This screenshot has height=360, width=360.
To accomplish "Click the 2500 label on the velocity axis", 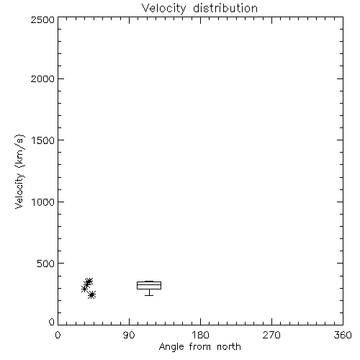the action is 42,19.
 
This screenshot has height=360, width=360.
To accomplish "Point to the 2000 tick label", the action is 42,79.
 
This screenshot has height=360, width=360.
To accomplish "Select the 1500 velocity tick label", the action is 43,140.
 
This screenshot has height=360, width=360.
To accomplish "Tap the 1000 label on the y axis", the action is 43,202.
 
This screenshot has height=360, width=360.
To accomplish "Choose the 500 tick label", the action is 46,264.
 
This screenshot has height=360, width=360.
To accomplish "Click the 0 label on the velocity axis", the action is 52,322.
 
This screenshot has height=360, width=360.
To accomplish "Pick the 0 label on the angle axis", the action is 58,335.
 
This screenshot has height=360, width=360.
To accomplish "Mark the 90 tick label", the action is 129,335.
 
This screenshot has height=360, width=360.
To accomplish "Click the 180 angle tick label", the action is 200,335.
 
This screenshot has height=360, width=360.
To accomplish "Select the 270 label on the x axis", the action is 271,335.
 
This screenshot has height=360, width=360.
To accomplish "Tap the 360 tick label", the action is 343,335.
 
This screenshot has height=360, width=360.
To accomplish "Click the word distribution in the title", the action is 225,8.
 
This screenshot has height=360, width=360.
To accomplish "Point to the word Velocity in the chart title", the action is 163,9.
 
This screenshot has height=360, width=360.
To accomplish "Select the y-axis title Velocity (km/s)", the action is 19,171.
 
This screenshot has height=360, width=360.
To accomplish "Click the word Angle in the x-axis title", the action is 171,347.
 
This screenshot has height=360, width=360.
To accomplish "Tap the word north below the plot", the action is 229,346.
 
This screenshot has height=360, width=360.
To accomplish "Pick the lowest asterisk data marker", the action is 91,294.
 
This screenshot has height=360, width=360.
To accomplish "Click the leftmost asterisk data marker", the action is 84,289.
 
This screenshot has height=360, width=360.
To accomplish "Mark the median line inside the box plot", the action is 149,284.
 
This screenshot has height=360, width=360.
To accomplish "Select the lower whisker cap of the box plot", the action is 149,295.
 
